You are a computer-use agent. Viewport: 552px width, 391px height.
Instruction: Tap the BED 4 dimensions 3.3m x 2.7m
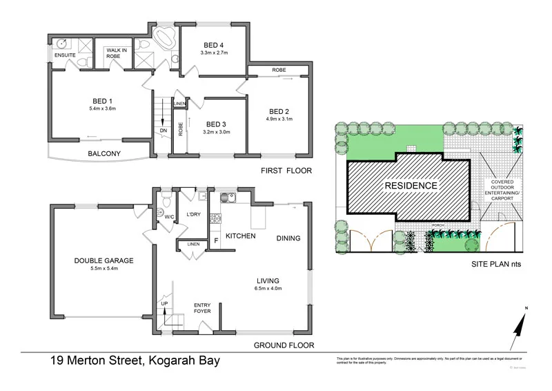[213, 53]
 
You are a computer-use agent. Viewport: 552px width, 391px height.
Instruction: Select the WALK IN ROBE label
[115, 54]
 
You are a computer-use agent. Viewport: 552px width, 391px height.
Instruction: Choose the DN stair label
[163, 130]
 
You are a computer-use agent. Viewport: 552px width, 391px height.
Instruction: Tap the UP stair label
[164, 304]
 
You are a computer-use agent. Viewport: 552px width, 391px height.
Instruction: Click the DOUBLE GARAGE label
[103, 260]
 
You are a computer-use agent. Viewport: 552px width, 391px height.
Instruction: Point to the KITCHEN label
[241, 236]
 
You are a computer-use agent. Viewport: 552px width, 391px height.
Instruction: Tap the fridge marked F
[217, 241]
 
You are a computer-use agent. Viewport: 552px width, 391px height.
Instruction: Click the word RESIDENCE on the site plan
[411, 186]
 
